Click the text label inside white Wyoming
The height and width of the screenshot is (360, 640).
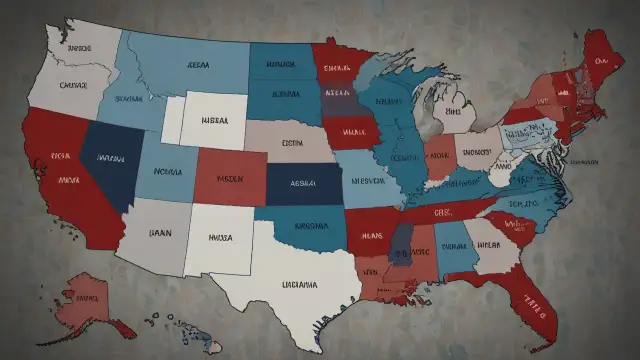point(212,119)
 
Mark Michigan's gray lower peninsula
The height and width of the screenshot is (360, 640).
point(459,110)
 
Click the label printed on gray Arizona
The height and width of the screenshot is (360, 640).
point(160,231)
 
